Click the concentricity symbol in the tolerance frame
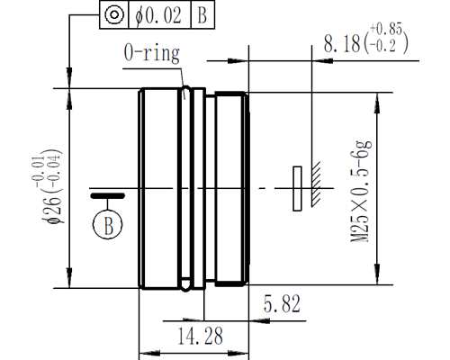pyautogui.click(x=114, y=14)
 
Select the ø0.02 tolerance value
pyautogui.click(x=158, y=15)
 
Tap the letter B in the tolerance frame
pyautogui.click(x=202, y=15)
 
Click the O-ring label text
pyautogui.click(x=152, y=53)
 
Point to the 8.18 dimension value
pyautogui.click(x=342, y=44)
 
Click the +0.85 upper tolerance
pyautogui.click(x=386, y=29)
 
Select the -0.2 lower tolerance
pyautogui.click(x=382, y=46)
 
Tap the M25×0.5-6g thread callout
pyautogui.click(x=361, y=191)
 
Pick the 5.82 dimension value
pyautogui.click(x=282, y=304)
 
